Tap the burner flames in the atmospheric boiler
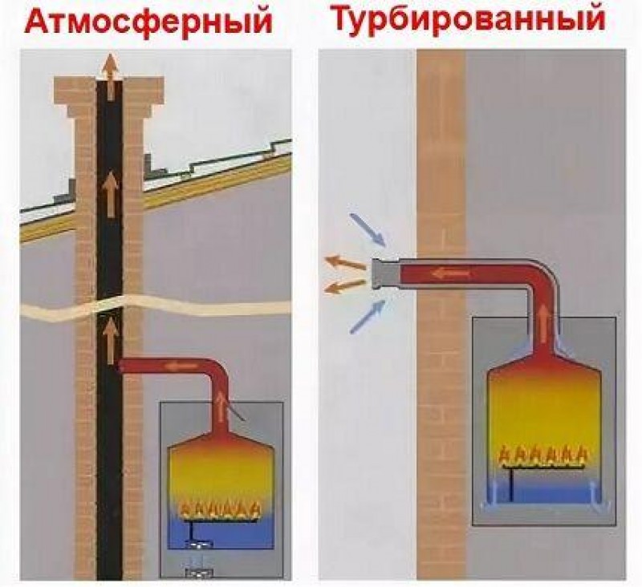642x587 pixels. click(220, 508)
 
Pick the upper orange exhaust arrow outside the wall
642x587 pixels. click(344, 261)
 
